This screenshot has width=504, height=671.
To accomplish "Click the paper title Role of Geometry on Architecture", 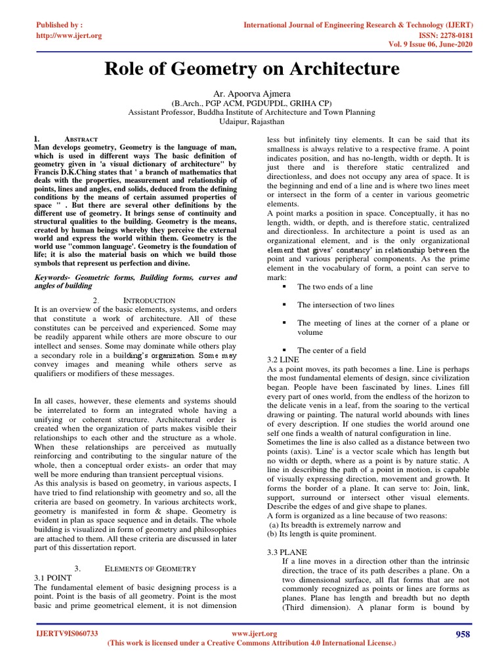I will (251, 69).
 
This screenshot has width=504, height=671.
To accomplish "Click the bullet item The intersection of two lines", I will (345, 305).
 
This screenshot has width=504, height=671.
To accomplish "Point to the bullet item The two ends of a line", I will (335, 287).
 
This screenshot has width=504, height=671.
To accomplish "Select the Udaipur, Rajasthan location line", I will (251, 122).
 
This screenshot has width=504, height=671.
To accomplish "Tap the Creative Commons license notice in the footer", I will (251, 643).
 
